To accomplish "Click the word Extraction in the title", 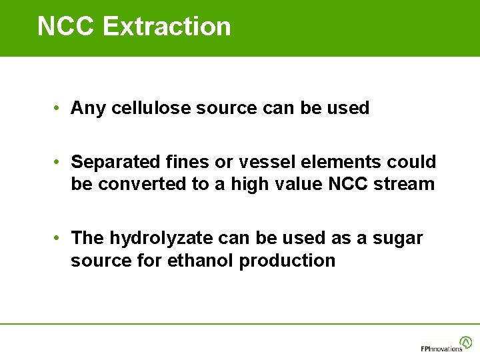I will coord(167,27).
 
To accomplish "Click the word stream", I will coord(403,184).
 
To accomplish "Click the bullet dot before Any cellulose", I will coord(59,108).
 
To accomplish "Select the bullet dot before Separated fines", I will coord(59,162).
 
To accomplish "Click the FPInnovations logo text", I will coord(441,349).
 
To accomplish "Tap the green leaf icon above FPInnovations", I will coord(465,342).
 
